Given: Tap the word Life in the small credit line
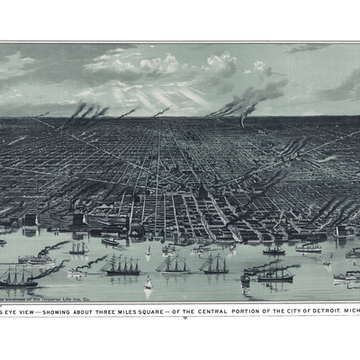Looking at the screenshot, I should tap(68, 297).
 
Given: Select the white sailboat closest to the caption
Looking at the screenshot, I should tap(148, 284).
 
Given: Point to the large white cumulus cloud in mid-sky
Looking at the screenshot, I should tap(148, 65).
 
